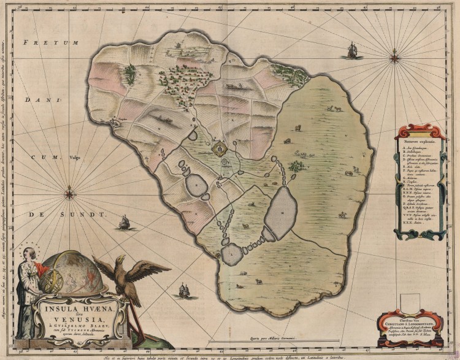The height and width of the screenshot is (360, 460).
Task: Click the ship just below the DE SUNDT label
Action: pos(124,222)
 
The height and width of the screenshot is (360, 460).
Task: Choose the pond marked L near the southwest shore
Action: pos(232,253)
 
